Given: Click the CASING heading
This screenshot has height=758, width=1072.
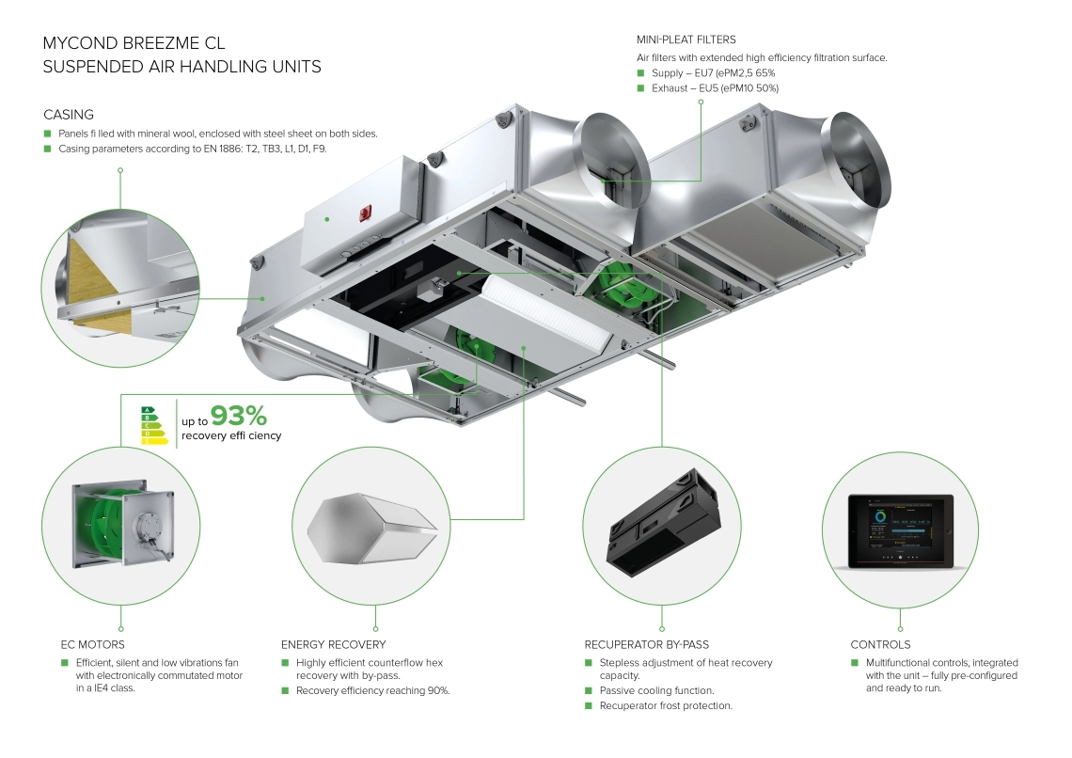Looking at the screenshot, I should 69,115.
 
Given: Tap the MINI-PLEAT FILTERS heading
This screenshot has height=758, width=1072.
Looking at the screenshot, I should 686,39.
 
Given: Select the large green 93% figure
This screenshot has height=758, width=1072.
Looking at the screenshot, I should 239,415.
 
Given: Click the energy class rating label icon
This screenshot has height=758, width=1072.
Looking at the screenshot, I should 156,425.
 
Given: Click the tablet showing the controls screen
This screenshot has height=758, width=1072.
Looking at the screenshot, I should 900,531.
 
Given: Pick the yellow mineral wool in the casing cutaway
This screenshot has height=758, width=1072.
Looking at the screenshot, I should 89,274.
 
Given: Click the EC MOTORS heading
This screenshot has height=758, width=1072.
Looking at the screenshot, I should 93,645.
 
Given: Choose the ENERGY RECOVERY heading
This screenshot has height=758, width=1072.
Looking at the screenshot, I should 333,645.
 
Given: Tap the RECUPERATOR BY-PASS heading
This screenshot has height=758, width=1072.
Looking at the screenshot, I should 647,645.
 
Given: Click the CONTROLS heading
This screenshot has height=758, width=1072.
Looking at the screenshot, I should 880,645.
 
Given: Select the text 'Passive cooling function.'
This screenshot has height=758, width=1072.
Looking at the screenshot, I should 656,691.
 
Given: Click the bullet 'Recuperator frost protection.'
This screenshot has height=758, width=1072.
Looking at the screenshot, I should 666,706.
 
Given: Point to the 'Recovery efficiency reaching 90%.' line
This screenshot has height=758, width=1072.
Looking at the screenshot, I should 372,691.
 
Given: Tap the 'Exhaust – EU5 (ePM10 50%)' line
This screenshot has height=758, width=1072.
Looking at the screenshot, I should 715,88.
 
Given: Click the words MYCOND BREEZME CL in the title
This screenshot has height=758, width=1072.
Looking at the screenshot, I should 134,43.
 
